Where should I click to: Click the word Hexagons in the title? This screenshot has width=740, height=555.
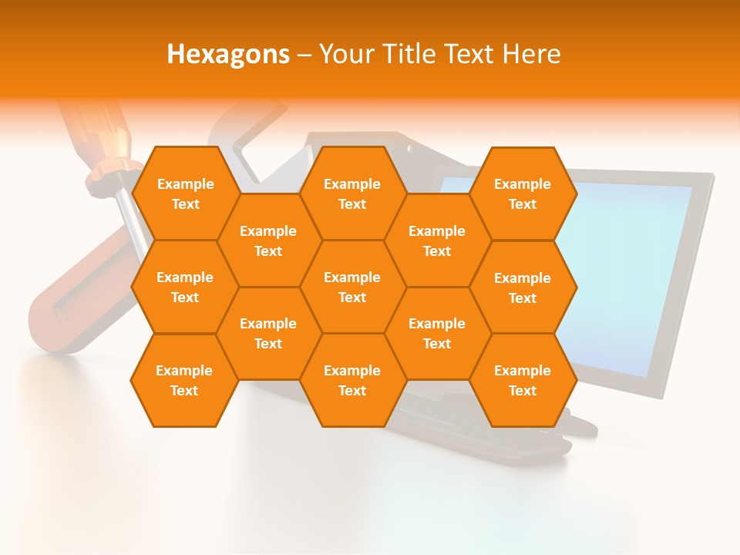[x=228, y=54]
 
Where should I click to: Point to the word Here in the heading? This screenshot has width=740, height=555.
[x=531, y=54]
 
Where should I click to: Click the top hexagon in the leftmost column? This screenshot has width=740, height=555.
[x=185, y=193]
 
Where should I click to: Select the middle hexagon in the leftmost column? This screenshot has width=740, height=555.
[x=185, y=287]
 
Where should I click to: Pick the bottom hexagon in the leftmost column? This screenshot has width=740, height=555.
[x=184, y=380]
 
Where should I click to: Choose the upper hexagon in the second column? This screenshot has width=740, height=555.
[x=268, y=240]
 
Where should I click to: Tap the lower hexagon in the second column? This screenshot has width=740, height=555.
[x=268, y=333]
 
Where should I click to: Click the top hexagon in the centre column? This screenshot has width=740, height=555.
[x=352, y=193]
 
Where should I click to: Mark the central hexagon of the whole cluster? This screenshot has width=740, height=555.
[x=352, y=287]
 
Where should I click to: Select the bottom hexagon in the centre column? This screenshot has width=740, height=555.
[x=352, y=380]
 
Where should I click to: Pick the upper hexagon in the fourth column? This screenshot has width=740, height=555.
[x=437, y=240]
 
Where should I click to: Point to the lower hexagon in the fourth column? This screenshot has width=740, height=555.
[x=437, y=333]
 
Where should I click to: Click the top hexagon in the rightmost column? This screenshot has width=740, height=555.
[x=523, y=193]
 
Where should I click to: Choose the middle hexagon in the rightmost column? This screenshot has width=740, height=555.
[x=523, y=288]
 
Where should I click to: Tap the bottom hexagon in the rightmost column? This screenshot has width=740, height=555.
[x=523, y=380]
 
